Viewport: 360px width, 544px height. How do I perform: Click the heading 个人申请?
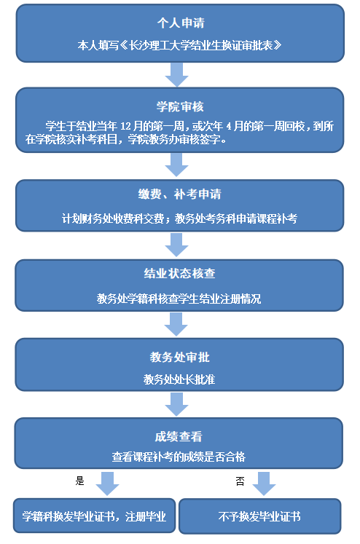tap(181, 23)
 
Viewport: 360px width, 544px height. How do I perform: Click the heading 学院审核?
tap(180, 106)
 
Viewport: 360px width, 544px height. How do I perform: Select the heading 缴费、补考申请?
tap(179, 194)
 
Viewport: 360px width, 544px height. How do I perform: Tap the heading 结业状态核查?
tap(179, 273)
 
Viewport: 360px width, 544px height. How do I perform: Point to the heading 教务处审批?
tap(179, 357)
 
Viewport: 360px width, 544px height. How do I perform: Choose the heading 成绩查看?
tap(179, 436)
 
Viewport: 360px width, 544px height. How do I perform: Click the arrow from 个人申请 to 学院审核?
tap(176, 74)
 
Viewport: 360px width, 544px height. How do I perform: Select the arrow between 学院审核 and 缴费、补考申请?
tap(176, 165)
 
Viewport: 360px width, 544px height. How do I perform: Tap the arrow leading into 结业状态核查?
tap(176, 245)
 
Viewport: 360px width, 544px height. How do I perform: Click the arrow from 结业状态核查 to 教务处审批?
tap(176, 324)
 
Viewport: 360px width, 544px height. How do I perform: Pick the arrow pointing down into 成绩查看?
tap(176, 404)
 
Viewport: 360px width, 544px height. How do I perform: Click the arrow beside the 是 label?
tap(107, 484)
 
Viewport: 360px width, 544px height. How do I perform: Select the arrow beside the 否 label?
tap(264, 484)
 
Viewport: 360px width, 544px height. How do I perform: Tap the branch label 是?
tap(80, 481)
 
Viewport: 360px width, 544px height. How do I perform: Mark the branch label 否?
tap(240, 481)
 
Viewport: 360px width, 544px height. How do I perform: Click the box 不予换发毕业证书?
tap(260, 516)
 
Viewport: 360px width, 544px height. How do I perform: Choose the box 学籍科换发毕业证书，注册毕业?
tap(95, 516)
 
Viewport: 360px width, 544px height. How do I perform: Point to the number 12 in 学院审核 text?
tap(125, 126)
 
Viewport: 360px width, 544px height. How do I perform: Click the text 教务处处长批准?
tap(179, 379)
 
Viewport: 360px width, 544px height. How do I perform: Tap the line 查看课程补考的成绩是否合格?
tap(179, 457)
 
